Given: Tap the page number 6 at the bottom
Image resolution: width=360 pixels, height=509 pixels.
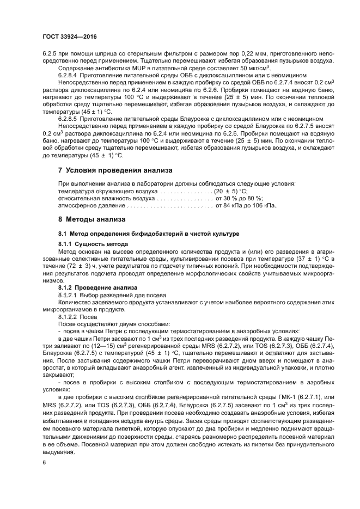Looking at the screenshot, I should (44, 462).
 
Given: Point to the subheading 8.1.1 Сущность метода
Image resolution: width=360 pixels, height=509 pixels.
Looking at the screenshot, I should (93, 244).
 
